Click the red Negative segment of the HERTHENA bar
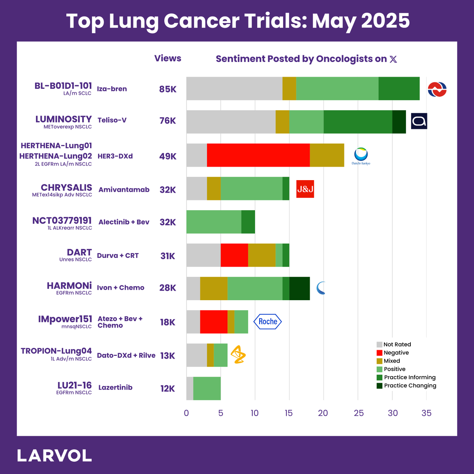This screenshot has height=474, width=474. tap(258, 155)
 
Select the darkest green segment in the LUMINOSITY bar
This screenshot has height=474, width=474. tap(399, 122)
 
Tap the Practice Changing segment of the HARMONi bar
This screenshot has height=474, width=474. tap(299, 288)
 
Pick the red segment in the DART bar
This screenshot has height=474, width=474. tap(234, 255)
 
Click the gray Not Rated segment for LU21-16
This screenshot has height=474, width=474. tap(190, 388)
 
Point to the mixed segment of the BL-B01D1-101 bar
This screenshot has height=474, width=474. tap(289, 88)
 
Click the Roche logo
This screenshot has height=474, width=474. tap(268, 322)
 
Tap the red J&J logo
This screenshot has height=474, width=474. tap(305, 189)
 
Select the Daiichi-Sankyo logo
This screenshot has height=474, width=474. tap(361, 156)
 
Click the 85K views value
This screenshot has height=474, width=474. tap(168, 89)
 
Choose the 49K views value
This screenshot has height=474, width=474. tap(168, 156)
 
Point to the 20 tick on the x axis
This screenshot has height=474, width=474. tap(323, 413)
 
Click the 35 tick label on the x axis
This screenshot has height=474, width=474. tap(427, 413)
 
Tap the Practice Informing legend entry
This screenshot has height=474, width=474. tap(406, 377)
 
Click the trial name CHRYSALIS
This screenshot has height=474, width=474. tap(66, 188)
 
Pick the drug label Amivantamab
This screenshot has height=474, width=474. tap(124, 190)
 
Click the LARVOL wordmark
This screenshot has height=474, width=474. tap(55, 455)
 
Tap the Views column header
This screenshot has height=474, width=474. tap(168, 58)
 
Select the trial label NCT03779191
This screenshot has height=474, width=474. tap(62, 220)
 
